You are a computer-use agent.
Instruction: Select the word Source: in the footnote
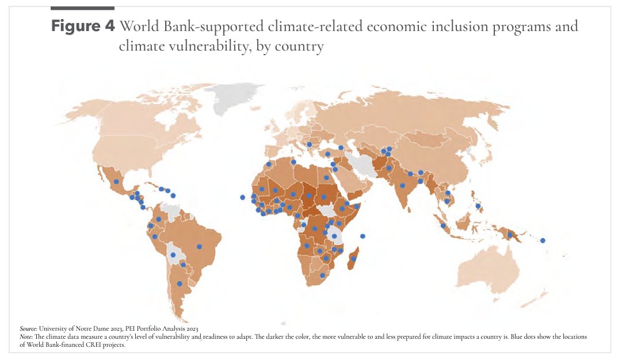pyautogui.click(x=28, y=328)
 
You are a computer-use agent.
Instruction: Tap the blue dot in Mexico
pyautogui.click(x=116, y=182)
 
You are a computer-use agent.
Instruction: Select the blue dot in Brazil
pyautogui.click(x=199, y=247)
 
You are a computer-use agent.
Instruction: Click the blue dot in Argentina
pyautogui.click(x=180, y=284)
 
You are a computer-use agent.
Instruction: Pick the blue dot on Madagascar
pyautogui.click(x=354, y=259)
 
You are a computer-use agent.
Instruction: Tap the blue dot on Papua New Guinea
pyautogui.click(x=509, y=235)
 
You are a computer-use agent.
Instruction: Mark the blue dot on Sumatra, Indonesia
pyautogui.click(x=443, y=225)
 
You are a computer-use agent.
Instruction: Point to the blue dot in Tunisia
pyautogui.click(x=293, y=162)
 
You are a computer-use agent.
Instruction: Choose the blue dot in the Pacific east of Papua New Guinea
pyautogui.click(x=543, y=240)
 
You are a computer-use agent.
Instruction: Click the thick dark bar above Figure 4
pyautogui.click(x=82, y=8)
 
